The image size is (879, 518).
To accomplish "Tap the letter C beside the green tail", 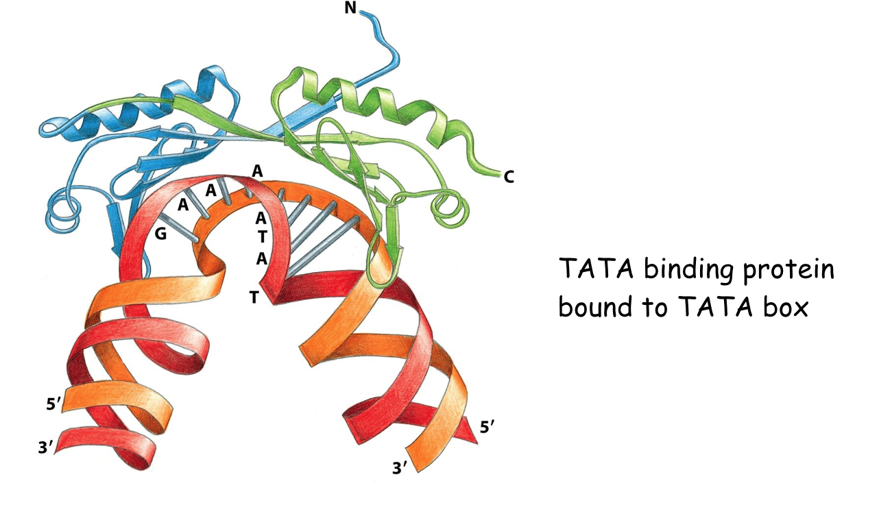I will [x=509, y=177].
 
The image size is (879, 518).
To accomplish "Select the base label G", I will [x=160, y=234].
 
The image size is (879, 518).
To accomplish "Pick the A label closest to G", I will [x=182, y=203].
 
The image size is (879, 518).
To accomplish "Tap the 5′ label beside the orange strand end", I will [x=53, y=404].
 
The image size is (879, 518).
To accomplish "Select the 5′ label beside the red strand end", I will [x=486, y=428].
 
